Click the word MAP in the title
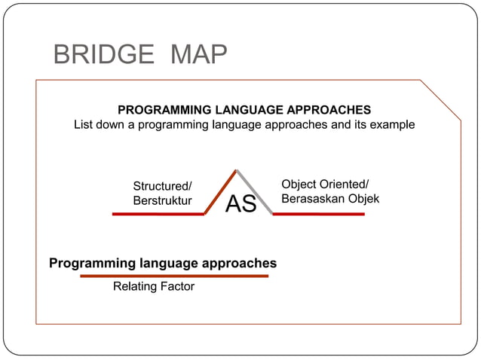[x=198, y=55]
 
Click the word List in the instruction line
[x=84, y=124]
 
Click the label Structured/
[x=162, y=186]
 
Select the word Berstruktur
[x=162, y=200]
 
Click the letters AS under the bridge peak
[x=241, y=203]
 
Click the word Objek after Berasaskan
[x=363, y=199]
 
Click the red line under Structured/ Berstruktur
[x=158, y=214]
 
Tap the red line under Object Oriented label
[x=318, y=214]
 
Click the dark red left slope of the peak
[x=220, y=191]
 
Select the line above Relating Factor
[x=174, y=276]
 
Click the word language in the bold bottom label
[x=167, y=263]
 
